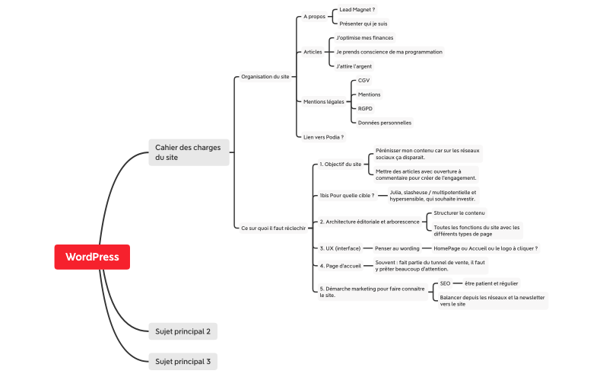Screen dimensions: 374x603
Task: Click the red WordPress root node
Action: [x=92, y=257]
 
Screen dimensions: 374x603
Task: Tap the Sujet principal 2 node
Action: [x=182, y=331]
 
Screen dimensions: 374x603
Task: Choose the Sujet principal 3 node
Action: [x=182, y=361]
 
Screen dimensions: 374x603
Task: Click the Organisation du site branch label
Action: [x=265, y=76]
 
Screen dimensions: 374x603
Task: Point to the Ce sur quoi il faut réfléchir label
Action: [x=273, y=227]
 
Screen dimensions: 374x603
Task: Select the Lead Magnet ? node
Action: [x=357, y=10]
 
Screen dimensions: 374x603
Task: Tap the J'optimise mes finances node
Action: [x=365, y=37]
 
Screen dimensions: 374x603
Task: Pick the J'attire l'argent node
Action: [x=354, y=66]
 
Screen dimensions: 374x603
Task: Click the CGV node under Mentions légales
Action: [x=363, y=80]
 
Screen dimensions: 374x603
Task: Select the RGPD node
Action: [x=365, y=108]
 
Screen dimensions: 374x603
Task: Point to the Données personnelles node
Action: [x=385, y=122]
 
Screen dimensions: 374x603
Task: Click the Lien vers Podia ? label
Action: [x=324, y=137]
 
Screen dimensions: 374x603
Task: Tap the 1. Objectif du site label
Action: [x=341, y=164]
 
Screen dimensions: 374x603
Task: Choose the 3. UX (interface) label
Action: [x=340, y=248]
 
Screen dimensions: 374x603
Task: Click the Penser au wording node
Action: [x=397, y=248]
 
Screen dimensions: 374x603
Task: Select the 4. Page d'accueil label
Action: [x=340, y=266]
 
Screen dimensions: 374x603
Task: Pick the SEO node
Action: [x=445, y=283]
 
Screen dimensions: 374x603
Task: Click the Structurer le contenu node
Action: [x=459, y=213]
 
